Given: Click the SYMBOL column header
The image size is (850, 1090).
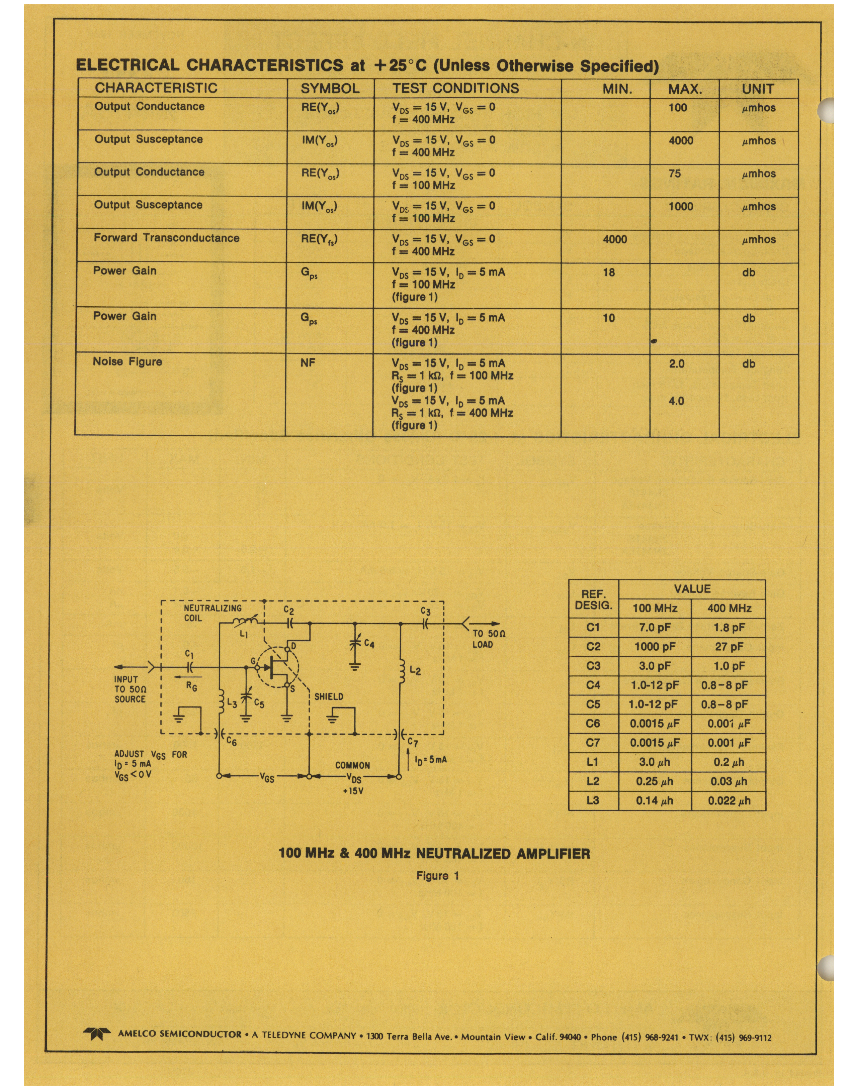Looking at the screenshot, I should pyautogui.click(x=330, y=89).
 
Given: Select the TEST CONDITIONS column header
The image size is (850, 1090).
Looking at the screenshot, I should pyautogui.click(x=455, y=88).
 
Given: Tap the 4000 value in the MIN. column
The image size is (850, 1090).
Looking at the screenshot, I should pyautogui.click(x=614, y=239).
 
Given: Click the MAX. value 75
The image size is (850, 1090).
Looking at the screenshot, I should pyautogui.click(x=674, y=174).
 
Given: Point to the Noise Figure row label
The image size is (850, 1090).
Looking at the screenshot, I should pyautogui.click(x=127, y=362).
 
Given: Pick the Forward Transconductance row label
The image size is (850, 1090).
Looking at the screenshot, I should pyautogui.click(x=166, y=238).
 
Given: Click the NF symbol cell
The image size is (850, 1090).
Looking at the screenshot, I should pyautogui.click(x=308, y=363).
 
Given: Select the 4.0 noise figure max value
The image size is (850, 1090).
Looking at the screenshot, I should pyautogui.click(x=676, y=401).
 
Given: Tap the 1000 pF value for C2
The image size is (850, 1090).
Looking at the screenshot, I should pyautogui.click(x=655, y=647).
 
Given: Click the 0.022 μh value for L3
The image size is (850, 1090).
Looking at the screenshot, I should pyautogui.click(x=729, y=801).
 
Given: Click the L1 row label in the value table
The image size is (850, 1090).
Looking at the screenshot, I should pyautogui.click(x=593, y=762).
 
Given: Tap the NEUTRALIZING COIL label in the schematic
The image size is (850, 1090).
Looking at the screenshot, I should pyautogui.click(x=212, y=613).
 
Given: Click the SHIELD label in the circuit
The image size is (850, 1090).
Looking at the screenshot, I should pyautogui.click(x=329, y=696).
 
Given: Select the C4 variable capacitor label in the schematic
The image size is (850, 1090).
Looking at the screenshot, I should pyautogui.click(x=368, y=644).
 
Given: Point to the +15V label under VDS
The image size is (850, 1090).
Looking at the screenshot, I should pyautogui.click(x=353, y=791).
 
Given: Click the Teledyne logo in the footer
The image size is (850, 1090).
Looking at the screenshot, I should pyautogui.click(x=96, y=1033).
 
